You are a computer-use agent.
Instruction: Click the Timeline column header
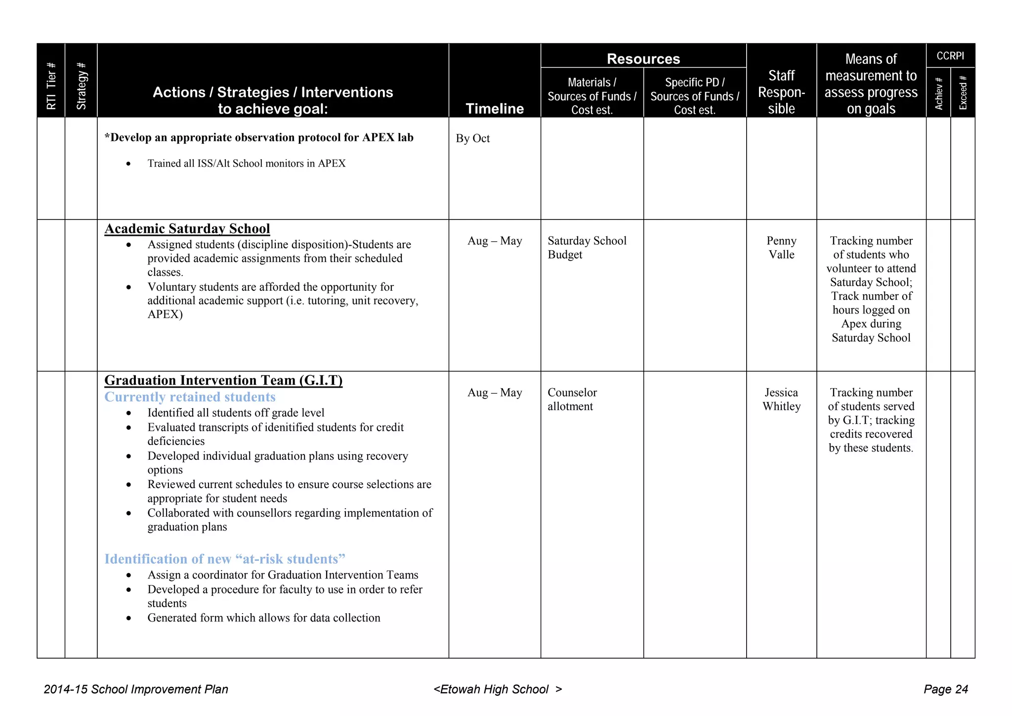tap(495, 108)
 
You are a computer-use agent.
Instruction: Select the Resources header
tap(643, 59)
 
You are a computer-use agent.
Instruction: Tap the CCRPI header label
tap(950, 56)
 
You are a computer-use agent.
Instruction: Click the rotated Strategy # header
tap(82, 86)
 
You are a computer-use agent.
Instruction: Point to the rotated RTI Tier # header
tap(51, 86)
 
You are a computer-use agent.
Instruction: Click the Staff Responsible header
tap(781, 92)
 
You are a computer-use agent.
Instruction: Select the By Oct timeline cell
tap(472, 138)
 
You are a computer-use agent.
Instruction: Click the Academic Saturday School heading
tap(187, 228)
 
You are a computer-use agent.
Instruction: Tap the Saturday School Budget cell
tap(587, 247)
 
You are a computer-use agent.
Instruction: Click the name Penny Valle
tap(781, 247)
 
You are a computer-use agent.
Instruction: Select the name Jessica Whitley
tap(781, 399)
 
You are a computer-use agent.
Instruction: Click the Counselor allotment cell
tap(572, 399)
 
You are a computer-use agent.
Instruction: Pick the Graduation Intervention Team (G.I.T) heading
tap(223, 380)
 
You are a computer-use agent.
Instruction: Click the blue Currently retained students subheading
tap(190, 397)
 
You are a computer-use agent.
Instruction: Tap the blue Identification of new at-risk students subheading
tap(224, 559)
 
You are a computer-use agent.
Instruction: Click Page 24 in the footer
tap(945, 689)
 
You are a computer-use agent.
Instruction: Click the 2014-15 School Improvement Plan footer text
tap(136, 689)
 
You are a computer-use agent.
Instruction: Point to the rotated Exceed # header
tap(963, 92)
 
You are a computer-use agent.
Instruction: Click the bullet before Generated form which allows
tap(129, 618)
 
